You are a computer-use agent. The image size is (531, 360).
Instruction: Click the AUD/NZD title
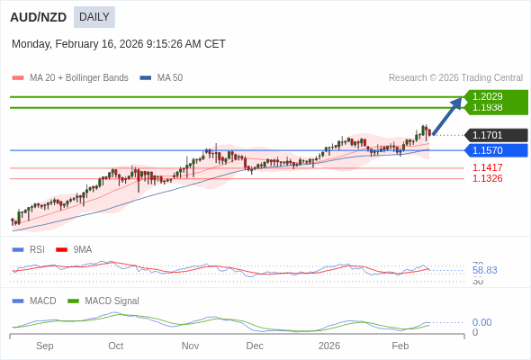click(35, 17)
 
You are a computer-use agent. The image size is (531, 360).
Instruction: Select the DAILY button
click(94, 17)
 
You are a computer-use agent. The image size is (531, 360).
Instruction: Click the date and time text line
click(119, 43)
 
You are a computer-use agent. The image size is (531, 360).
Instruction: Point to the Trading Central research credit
click(455, 78)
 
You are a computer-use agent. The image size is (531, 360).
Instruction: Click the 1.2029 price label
click(488, 96)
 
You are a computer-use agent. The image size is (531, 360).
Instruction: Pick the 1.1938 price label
click(488, 107)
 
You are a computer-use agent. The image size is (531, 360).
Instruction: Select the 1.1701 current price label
click(488, 135)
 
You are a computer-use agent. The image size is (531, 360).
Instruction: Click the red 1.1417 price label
click(488, 167)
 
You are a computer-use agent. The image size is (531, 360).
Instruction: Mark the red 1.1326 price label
click(488, 178)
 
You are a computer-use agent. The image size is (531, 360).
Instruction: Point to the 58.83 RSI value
click(484, 270)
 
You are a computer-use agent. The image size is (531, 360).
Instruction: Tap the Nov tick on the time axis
click(190, 346)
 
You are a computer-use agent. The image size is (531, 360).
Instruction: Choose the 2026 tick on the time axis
click(329, 346)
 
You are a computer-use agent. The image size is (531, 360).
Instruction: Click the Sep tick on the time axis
click(45, 346)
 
